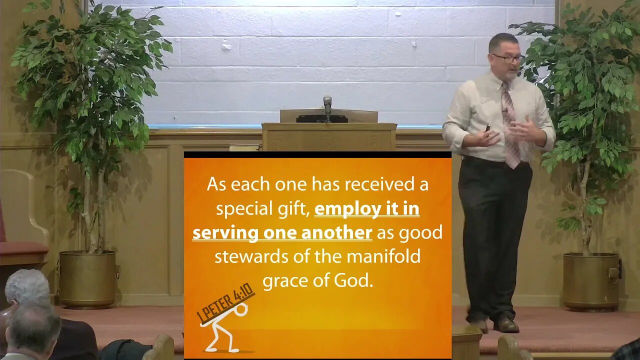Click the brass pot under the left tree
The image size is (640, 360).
click(87, 279)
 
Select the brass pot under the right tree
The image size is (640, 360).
click(591, 282)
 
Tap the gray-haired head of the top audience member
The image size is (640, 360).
click(27, 287)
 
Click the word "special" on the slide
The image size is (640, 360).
click(243, 209)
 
